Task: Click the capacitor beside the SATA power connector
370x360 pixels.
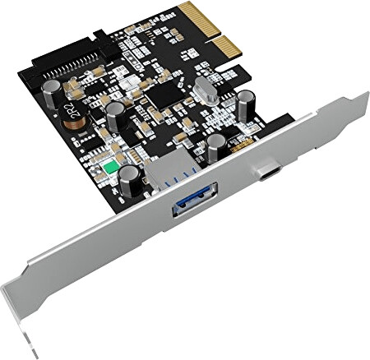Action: coord(51,91)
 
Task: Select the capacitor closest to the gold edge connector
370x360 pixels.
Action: coord(246,104)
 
